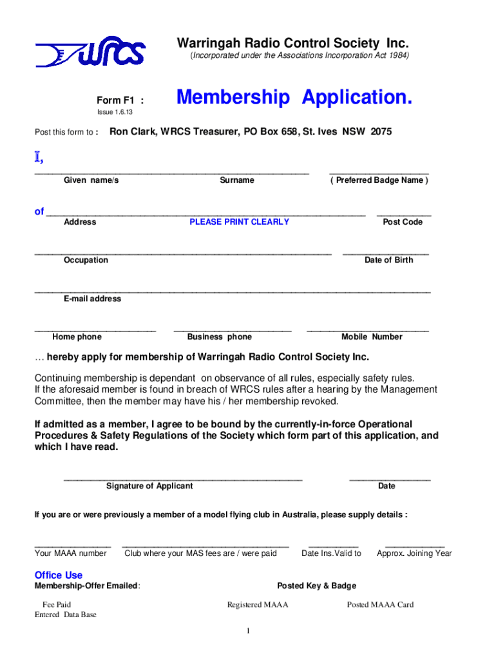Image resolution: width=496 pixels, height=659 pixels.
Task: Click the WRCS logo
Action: click(x=90, y=51)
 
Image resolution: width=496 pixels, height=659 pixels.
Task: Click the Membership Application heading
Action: click(x=294, y=98)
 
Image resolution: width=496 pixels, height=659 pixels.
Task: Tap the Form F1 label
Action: click(x=120, y=100)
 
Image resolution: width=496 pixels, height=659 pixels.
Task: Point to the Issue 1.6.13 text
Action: click(x=114, y=113)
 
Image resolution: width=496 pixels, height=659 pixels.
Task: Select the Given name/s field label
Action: click(x=91, y=180)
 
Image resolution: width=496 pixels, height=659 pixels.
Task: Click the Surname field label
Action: click(x=236, y=180)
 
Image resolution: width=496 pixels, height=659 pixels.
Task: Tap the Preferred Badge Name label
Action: click(x=379, y=180)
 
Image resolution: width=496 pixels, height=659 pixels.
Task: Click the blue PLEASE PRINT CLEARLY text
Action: click(x=239, y=222)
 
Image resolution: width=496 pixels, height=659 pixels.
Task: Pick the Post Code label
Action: click(x=403, y=222)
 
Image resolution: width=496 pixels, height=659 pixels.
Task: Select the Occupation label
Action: click(x=86, y=260)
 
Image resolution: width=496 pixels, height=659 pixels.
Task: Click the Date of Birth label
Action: click(x=388, y=260)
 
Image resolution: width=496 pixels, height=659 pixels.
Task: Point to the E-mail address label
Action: click(x=92, y=299)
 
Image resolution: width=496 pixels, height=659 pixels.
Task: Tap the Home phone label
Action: click(x=77, y=337)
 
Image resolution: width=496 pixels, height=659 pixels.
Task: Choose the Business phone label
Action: click(x=219, y=337)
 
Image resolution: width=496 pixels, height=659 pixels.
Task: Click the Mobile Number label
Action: click(x=372, y=337)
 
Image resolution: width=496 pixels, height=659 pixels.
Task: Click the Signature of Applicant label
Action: click(x=149, y=486)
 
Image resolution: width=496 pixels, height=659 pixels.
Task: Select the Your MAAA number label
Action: click(x=70, y=553)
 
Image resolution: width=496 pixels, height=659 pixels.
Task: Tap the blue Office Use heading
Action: click(x=58, y=575)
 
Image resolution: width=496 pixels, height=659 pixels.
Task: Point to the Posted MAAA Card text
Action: click(x=380, y=604)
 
